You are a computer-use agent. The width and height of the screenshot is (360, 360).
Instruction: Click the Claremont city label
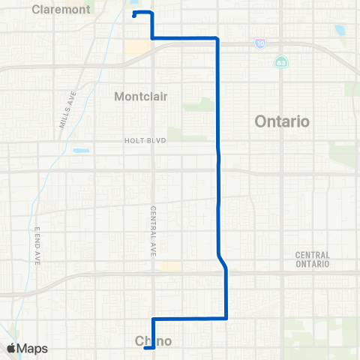[61, 10]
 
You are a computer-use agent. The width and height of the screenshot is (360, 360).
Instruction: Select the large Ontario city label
[282, 121]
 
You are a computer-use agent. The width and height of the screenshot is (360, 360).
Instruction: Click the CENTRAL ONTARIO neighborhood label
[313, 259]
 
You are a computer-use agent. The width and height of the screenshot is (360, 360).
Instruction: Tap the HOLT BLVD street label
[144, 140]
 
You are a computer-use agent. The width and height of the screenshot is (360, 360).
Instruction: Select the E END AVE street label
[37, 245]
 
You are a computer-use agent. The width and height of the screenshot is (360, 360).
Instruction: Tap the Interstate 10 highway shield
[259, 44]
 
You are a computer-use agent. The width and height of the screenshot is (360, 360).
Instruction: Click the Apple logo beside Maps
[11, 348]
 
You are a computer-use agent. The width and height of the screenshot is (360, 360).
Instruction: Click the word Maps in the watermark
[34, 348]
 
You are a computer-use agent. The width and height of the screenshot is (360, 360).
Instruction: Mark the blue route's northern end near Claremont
[133, 15]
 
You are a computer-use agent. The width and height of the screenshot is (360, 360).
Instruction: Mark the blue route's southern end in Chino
[145, 346]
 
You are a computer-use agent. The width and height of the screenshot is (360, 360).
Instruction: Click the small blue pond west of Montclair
[81, 151]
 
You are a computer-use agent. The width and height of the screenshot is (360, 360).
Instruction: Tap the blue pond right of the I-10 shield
[340, 31]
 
